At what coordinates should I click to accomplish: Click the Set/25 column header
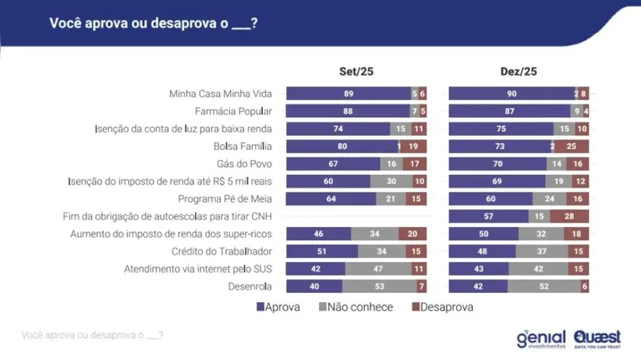pyautogui.click(x=356, y=72)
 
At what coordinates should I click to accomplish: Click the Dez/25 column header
pyautogui.click(x=517, y=72)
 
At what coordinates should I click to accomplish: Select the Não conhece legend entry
pyautogui.click(x=356, y=307)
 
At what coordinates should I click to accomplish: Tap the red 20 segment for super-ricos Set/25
pyautogui.click(x=412, y=234)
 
